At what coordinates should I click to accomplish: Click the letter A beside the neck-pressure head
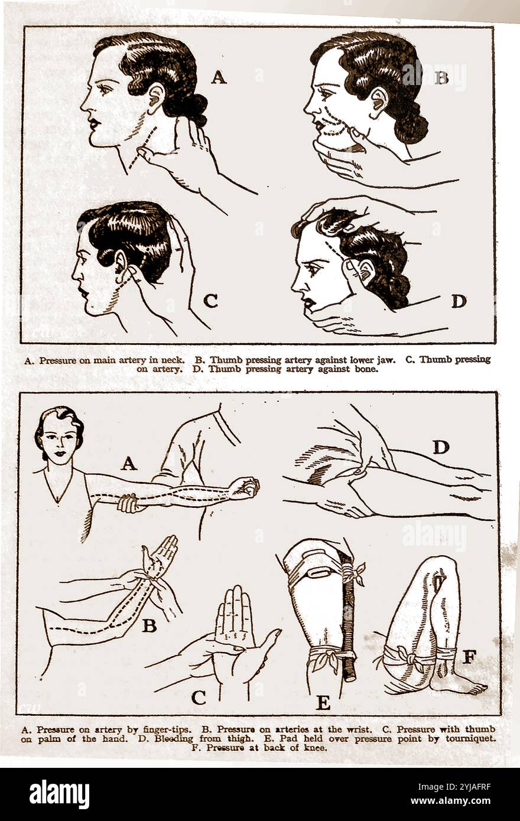[x=219, y=77]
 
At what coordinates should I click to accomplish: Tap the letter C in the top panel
[x=210, y=301]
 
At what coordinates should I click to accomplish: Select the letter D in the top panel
[x=459, y=301]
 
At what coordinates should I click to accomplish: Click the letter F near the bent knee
[x=469, y=657]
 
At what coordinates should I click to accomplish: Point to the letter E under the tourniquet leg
[x=323, y=703]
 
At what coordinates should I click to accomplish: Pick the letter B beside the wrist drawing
[x=149, y=625]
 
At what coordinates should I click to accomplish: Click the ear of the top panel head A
[x=156, y=96]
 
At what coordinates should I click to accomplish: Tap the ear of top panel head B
[x=378, y=100]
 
